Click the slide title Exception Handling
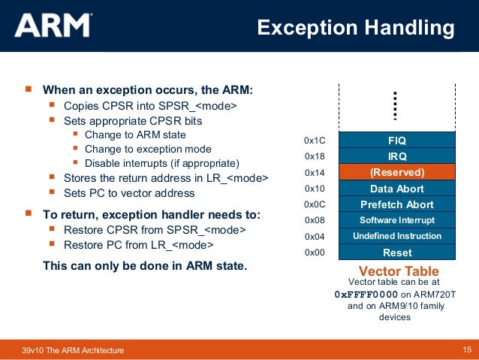click(x=355, y=28)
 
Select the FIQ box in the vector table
click(x=396, y=141)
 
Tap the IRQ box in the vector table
click(x=396, y=156)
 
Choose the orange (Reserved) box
click(x=396, y=172)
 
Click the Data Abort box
click(x=396, y=189)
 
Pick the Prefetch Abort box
click(x=396, y=204)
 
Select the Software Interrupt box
click(x=396, y=220)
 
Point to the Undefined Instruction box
click(x=396, y=236)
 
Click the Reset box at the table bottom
click(x=396, y=253)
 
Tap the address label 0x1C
click(x=314, y=141)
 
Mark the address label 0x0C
click(x=314, y=204)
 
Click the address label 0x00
click(x=314, y=253)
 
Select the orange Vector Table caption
click(x=399, y=271)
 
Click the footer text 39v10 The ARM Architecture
click(x=73, y=351)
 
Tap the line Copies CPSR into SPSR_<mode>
click(x=150, y=106)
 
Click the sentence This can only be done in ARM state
click(x=145, y=266)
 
